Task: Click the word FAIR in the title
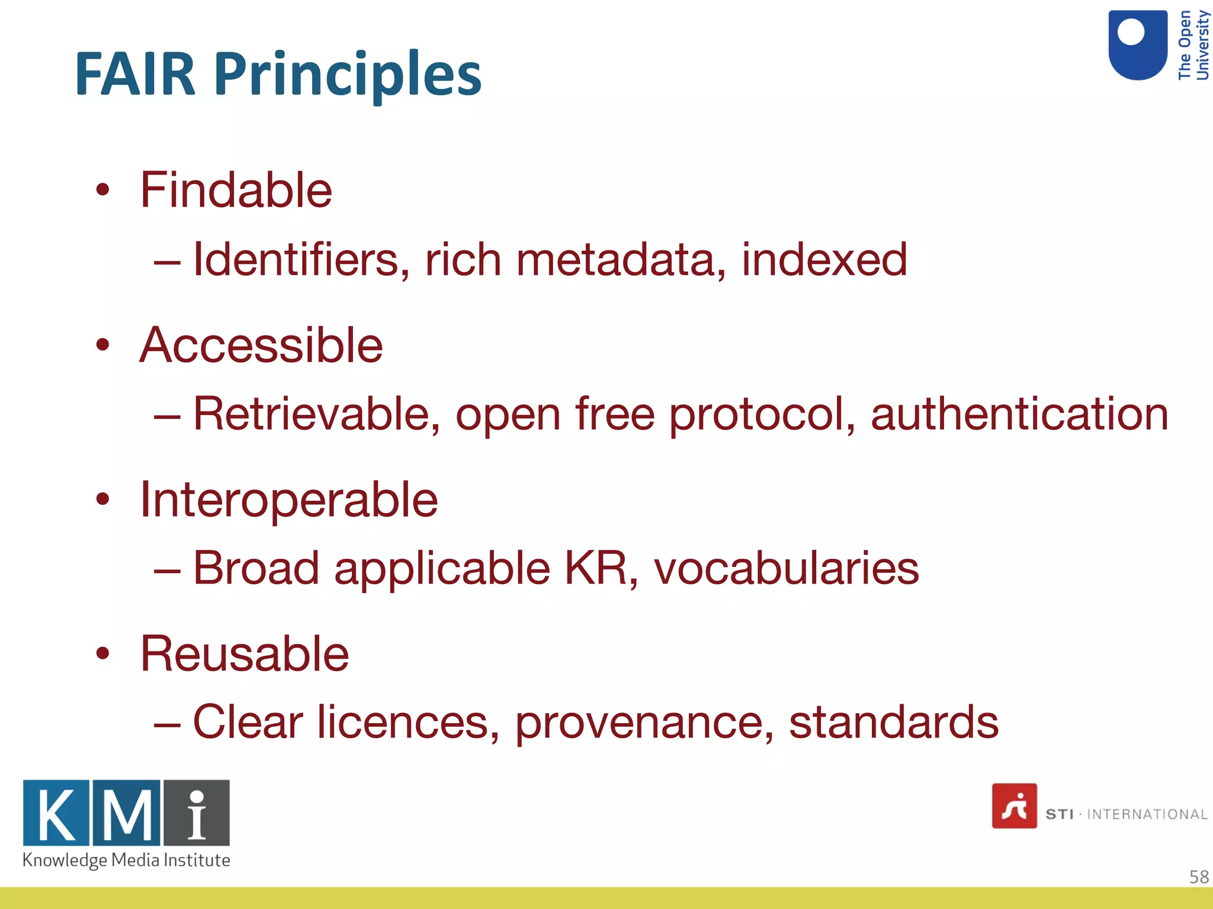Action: [x=135, y=75]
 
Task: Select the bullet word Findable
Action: [x=236, y=190]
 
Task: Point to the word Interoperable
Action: [x=288, y=500]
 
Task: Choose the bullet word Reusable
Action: [x=244, y=654]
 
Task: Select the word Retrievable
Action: [x=317, y=414]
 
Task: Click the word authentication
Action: [x=1019, y=414]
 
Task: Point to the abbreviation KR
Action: [x=596, y=568]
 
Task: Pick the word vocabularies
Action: [x=786, y=568]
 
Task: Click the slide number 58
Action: [x=1199, y=876]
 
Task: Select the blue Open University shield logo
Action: [x=1137, y=44]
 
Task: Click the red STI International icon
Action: [x=1014, y=805]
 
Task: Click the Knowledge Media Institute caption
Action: [x=126, y=860]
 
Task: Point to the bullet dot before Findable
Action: [x=103, y=190]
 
